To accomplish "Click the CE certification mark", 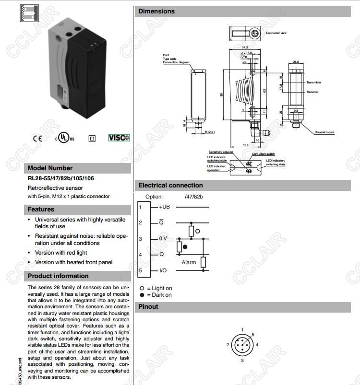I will tap(37, 139).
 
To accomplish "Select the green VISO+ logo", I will tap(119, 138).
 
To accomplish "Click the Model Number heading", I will tap(50, 168).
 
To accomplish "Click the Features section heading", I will tap(41, 210).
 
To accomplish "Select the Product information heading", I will tap(58, 276).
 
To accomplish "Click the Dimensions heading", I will tap(156, 11).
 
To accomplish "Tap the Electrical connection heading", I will tap(170, 186).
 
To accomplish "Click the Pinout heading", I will tap(148, 307).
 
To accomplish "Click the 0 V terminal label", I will tap(163, 238).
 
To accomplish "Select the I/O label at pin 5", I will tap(163, 271).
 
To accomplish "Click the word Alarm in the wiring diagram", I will tap(189, 262).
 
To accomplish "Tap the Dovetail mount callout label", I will tap(324, 132).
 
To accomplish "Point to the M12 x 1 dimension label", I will tap(210, 131).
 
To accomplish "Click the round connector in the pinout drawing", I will tap(242, 345).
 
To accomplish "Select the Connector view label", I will tap(276, 33).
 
